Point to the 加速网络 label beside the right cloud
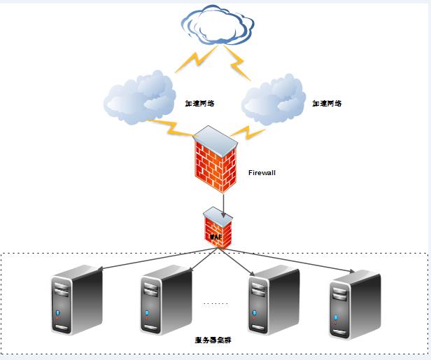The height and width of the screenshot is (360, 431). tap(328, 104)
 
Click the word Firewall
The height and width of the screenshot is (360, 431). tap(262, 172)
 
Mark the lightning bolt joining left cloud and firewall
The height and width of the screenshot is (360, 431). tap(171, 127)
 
